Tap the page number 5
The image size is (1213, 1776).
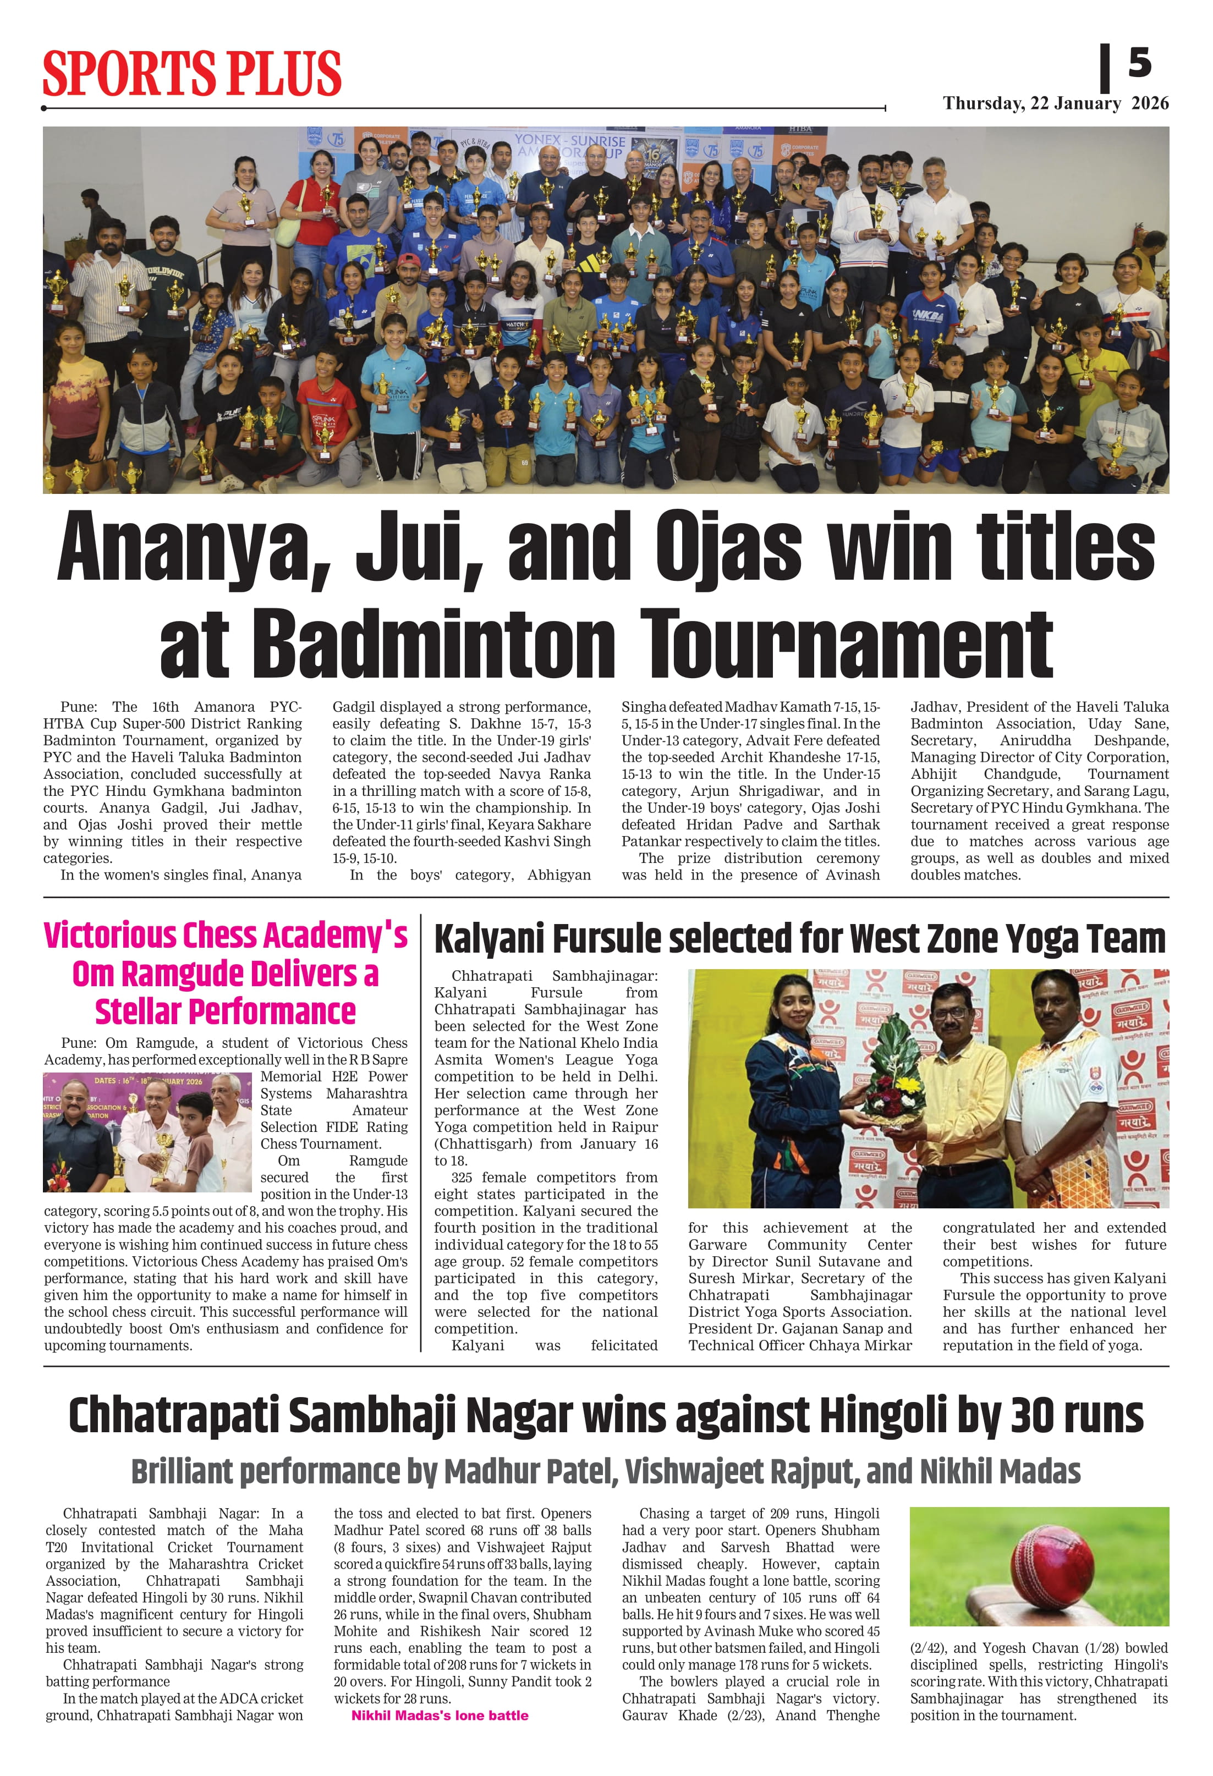pyautogui.click(x=1139, y=63)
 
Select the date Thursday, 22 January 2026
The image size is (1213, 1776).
pyautogui.click(x=1055, y=103)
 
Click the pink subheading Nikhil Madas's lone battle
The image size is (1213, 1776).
pyautogui.click(x=440, y=1715)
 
